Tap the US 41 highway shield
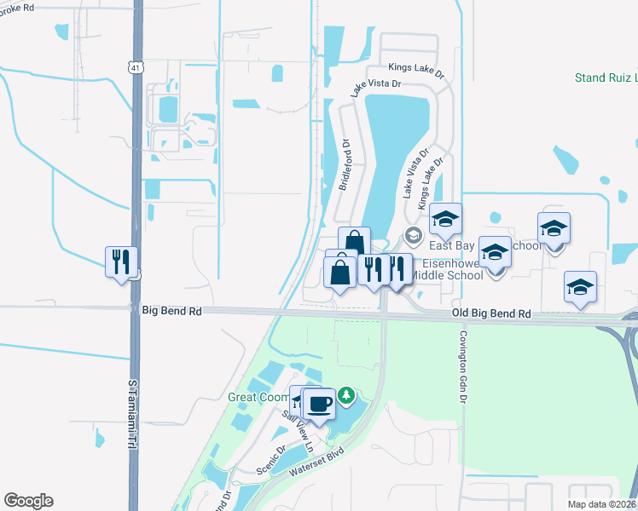tap(136, 66)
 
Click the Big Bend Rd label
tap(172, 313)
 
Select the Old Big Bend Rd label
tap(491, 314)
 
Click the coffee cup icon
tap(320, 403)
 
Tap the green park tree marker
tap(346, 395)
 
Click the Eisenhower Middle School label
tap(447, 269)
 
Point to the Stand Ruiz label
tap(606, 78)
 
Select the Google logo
tap(28, 501)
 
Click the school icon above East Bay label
tap(445, 219)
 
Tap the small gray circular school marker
tap(414, 236)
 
